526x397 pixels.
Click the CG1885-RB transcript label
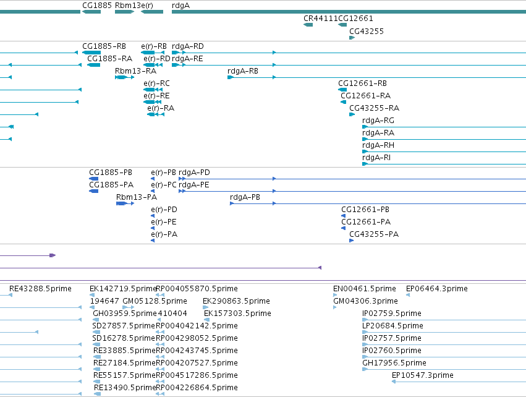(x=104, y=46)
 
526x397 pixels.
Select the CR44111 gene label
(x=320, y=19)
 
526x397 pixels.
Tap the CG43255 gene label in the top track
(x=367, y=32)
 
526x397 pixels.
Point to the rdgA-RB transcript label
(x=243, y=71)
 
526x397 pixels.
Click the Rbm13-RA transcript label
(x=135, y=71)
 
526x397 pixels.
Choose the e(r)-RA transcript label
(x=161, y=108)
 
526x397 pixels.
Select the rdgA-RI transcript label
(x=376, y=158)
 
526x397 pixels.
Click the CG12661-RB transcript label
(x=362, y=83)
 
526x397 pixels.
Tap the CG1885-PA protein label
(x=111, y=185)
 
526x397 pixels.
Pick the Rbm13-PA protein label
(x=137, y=197)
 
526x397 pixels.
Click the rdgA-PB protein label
(x=245, y=197)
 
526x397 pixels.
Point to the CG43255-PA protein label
(x=374, y=234)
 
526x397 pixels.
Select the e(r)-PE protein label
(x=164, y=222)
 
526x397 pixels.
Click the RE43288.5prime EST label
(x=40, y=289)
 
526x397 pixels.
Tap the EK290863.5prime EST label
(x=236, y=301)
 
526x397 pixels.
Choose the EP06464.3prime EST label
(x=437, y=289)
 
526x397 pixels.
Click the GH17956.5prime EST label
(x=394, y=363)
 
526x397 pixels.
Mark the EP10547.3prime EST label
(x=423, y=375)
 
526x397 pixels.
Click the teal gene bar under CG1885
(x=91, y=12)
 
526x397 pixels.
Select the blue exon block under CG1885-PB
(x=93, y=179)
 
